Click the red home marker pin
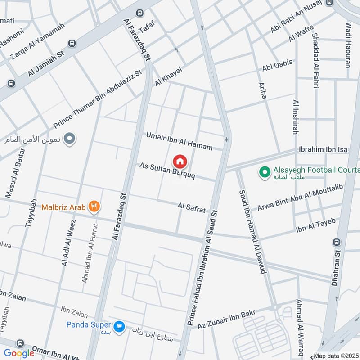[x=180, y=161]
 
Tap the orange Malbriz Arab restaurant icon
[x=94, y=207]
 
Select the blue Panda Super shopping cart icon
[x=119, y=325]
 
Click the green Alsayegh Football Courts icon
[x=265, y=171]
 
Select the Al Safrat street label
[x=192, y=207]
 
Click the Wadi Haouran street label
[x=348, y=45]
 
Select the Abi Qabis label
[x=278, y=66]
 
